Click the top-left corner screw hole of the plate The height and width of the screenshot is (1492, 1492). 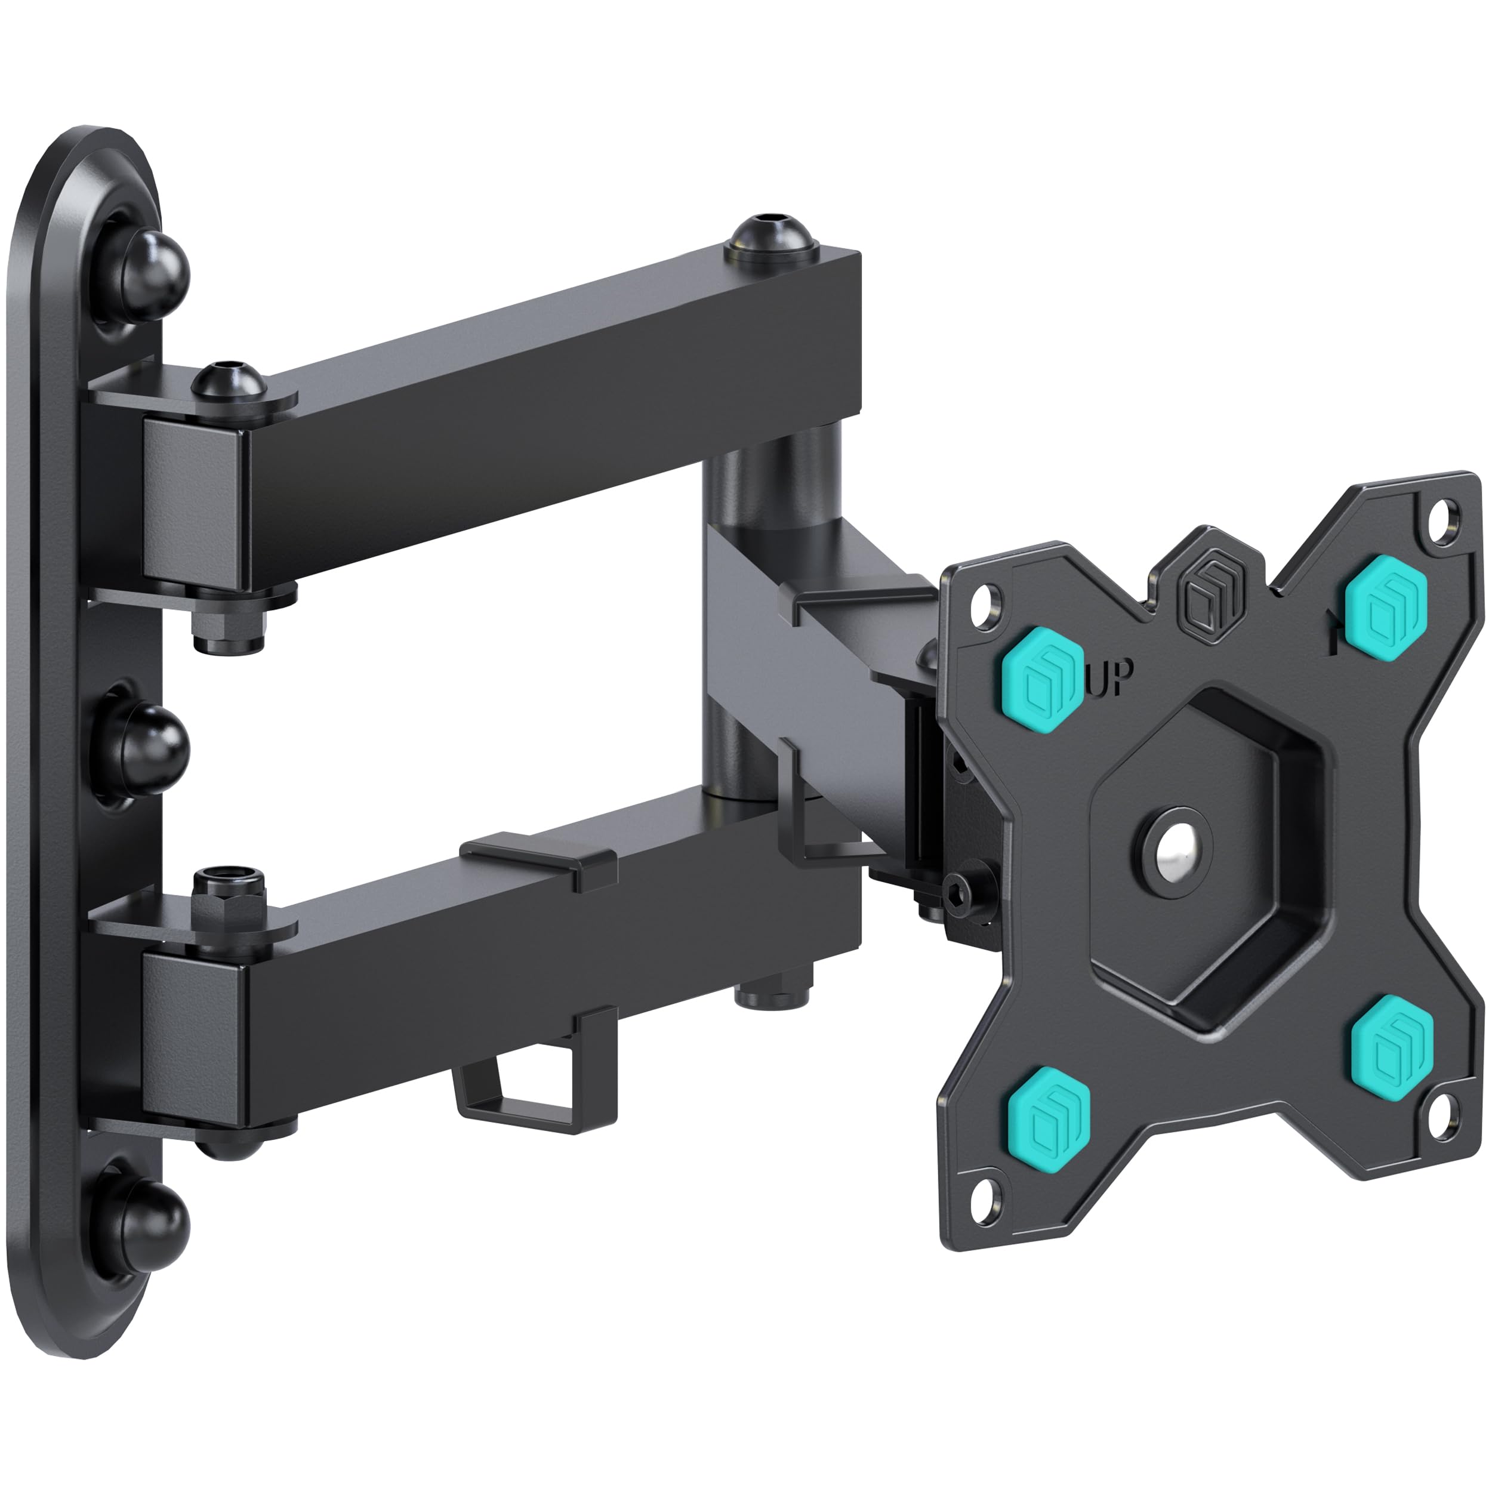tap(983, 602)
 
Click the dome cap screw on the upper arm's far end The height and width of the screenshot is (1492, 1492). tap(769, 239)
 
